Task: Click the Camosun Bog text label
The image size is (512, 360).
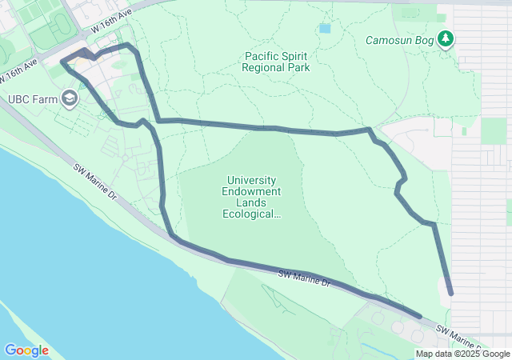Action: pos(400,40)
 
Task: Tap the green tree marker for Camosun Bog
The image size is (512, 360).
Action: pos(446,39)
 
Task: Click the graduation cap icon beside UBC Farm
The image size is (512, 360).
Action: pos(70,99)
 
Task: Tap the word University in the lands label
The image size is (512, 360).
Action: pos(254,181)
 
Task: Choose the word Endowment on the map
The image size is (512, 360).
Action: pos(254,192)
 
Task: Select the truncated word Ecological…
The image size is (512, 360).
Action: pos(254,214)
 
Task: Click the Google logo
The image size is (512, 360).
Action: pos(26,350)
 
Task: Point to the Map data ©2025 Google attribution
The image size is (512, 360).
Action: pos(462,354)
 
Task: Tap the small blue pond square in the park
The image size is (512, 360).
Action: pos(324,29)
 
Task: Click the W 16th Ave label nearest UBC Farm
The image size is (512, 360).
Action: pos(20,70)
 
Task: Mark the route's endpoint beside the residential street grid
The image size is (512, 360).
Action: pos(450,294)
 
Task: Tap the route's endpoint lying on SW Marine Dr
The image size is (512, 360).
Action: pos(419,317)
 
